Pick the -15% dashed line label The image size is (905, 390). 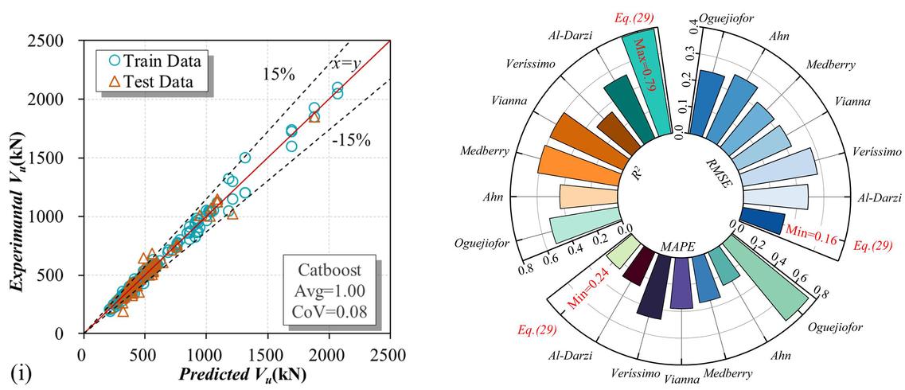352,142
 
